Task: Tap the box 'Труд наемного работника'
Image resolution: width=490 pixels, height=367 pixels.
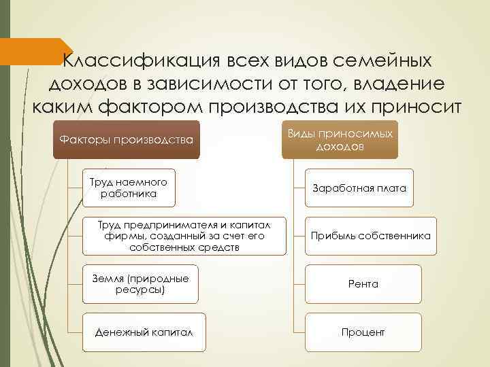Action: (128, 188)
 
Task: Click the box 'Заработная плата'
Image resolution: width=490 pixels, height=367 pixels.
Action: (359, 188)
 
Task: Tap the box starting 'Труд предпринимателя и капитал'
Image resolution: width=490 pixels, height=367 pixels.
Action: (184, 236)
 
